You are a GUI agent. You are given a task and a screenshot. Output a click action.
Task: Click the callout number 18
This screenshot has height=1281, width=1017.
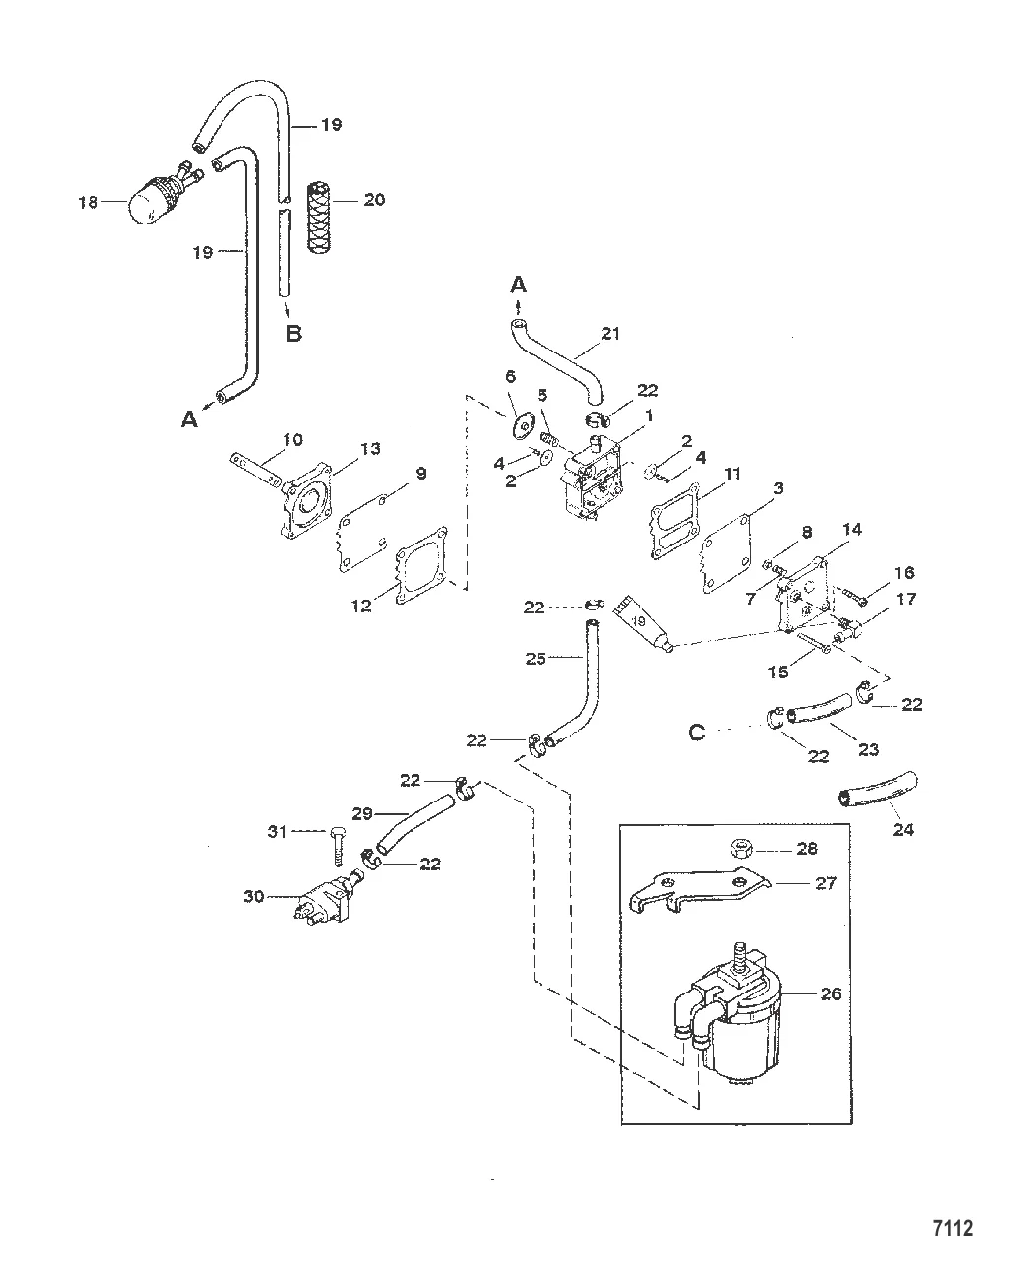pyautogui.click(x=89, y=202)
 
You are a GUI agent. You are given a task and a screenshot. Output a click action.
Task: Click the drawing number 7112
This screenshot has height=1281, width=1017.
pyautogui.click(x=952, y=1229)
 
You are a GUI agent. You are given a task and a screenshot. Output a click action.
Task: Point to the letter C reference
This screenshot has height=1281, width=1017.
pyautogui.click(x=697, y=733)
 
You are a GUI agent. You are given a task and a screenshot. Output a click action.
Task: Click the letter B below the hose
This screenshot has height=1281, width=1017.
pyautogui.click(x=293, y=333)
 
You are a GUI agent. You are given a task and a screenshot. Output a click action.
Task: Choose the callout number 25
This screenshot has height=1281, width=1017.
pyautogui.click(x=535, y=657)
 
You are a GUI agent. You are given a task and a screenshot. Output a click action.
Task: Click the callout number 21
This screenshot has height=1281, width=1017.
pyautogui.click(x=610, y=334)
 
